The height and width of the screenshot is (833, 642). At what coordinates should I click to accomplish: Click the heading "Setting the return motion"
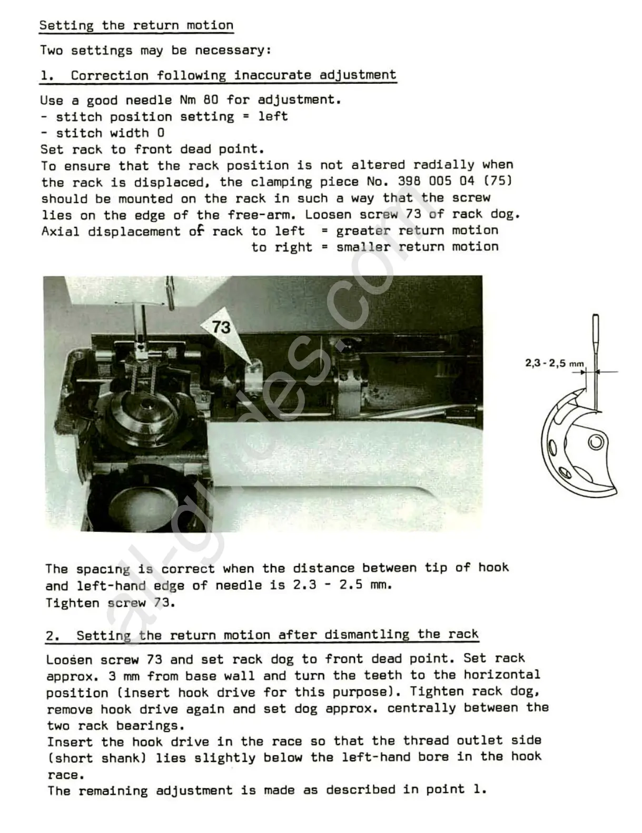pos(136,25)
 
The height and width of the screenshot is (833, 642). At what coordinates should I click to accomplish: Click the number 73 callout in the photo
pos(221,328)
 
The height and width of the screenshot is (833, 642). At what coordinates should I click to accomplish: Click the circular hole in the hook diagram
pos(596,441)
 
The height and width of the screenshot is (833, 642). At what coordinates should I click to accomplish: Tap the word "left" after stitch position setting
pos(273,116)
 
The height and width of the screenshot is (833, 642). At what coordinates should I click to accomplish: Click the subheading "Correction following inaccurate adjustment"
pos(233,75)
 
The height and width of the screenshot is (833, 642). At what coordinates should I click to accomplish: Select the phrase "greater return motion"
pos(417,231)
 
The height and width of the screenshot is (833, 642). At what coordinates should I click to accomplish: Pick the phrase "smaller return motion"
pos(417,247)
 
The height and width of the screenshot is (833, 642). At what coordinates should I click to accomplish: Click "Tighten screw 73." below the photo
pos(110,602)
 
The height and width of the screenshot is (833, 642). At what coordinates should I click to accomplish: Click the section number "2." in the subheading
pos(53,635)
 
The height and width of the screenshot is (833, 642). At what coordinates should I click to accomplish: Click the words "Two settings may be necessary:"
pos(155,51)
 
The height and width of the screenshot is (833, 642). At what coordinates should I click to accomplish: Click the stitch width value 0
pos(161,133)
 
